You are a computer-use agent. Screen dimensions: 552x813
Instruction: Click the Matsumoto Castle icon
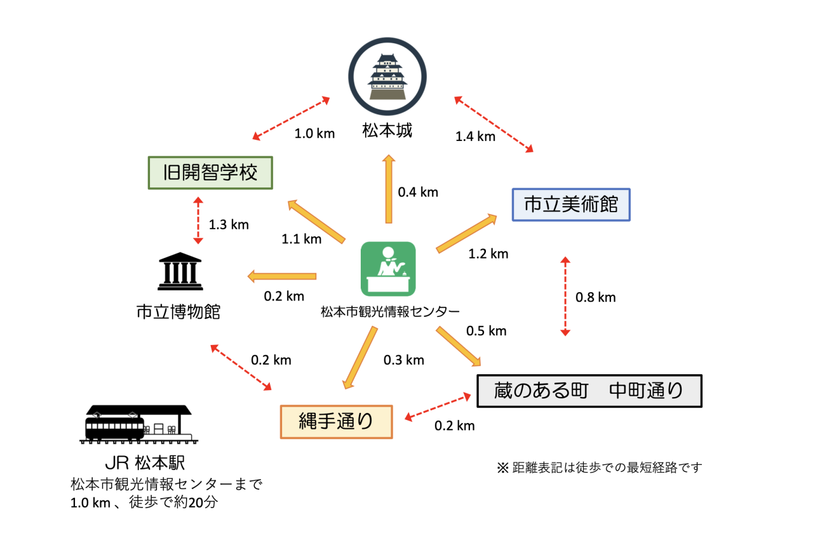(387, 77)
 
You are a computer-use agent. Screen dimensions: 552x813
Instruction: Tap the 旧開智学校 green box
(210, 173)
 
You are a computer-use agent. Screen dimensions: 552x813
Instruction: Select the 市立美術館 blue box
(571, 205)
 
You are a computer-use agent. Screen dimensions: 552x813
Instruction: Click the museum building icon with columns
(180, 272)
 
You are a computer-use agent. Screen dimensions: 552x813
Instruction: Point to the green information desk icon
(388, 269)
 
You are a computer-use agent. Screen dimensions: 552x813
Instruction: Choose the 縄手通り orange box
(337, 421)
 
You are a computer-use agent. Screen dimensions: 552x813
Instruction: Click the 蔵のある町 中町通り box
(589, 390)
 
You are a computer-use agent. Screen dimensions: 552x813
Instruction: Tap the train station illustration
(138, 423)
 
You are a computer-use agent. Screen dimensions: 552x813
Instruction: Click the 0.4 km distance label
(418, 192)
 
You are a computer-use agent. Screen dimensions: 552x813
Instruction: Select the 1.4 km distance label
(475, 136)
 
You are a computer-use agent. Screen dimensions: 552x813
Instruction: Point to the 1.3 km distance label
(229, 224)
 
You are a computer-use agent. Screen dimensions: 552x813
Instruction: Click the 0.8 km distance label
(595, 297)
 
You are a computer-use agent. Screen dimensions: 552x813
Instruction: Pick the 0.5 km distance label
(486, 330)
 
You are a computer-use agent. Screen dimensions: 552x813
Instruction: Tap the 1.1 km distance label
(302, 239)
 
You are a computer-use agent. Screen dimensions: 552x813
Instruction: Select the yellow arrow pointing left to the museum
(282, 276)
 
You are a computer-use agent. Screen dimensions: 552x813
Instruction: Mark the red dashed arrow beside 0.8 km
(565, 296)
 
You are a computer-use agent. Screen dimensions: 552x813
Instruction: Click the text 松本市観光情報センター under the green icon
(390, 311)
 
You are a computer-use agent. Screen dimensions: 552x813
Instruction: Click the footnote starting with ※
(599, 468)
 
